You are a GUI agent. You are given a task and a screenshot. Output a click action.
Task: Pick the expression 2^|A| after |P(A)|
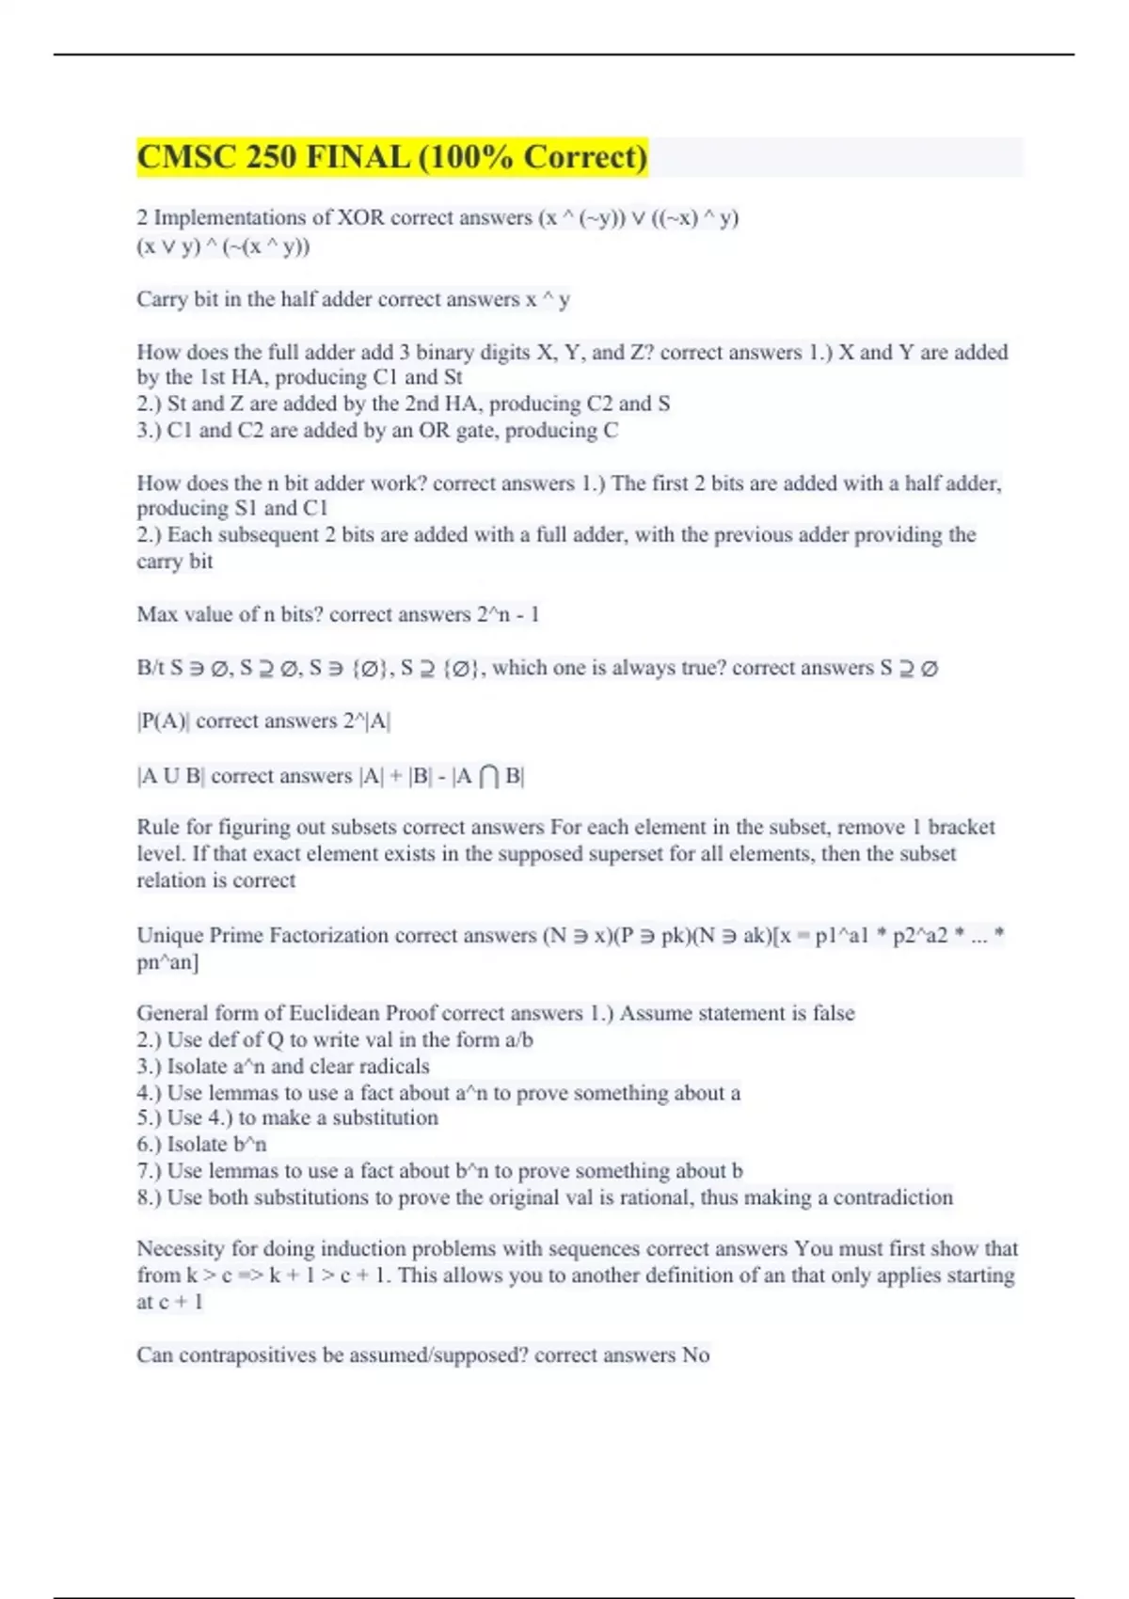pos(367,721)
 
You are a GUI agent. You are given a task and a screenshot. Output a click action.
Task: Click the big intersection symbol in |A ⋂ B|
pos(488,776)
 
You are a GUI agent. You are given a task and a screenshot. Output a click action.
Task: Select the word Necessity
pos(181,1249)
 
